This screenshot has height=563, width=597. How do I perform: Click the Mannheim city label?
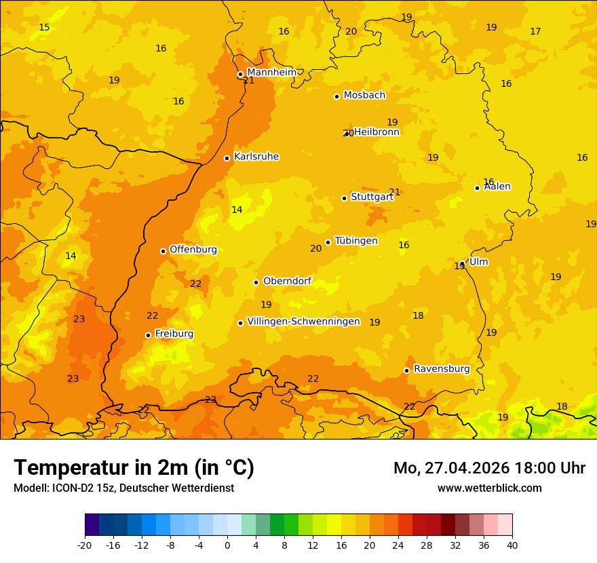click(x=272, y=73)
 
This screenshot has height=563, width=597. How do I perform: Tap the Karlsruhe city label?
click(x=256, y=157)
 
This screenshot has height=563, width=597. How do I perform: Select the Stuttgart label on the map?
click(x=372, y=197)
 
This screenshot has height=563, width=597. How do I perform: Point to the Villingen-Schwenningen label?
click(x=303, y=322)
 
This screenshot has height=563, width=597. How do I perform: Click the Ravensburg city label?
click(x=442, y=369)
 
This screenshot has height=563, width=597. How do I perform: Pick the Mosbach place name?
click(x=364, y=95)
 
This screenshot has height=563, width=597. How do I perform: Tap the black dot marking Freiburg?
click(x=148, y=335)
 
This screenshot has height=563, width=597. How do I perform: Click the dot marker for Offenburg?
click(x=163, y=251)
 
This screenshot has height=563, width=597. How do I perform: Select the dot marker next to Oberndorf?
click(x=256, y=282)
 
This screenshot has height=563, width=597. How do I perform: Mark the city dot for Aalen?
click(x=477, y=188)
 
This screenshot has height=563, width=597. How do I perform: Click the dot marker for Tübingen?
click(x=328, y=242)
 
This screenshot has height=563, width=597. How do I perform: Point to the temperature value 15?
click(x=44, y=28)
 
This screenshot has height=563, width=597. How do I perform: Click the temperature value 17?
click(x=535, y=32)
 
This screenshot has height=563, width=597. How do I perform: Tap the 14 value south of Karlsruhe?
click(x=237, y=210)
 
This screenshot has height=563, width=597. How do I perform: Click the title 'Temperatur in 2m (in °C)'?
click(x=134, y=468)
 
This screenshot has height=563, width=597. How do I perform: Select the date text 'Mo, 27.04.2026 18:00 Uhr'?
click(x=489, y=468)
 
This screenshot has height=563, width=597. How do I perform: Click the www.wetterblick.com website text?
click(x=489, y=488)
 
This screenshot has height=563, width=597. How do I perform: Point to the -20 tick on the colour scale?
click(x=85, y=545)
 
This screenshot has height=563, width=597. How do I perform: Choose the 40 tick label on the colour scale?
click(x=512, y=545)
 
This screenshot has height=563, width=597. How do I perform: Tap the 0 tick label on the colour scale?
click(x=227, y=545)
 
